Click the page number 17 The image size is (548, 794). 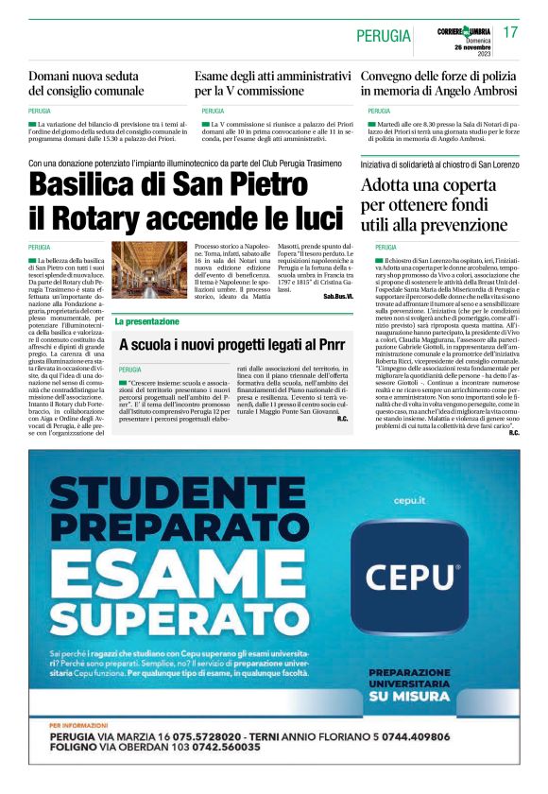pos(511,33)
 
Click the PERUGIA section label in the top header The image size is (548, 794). pos(384,36)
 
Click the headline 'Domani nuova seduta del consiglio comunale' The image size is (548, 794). pos(86,83)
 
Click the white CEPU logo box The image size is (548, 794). pos(410,576)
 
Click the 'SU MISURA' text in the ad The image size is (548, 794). pos(408,696)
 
